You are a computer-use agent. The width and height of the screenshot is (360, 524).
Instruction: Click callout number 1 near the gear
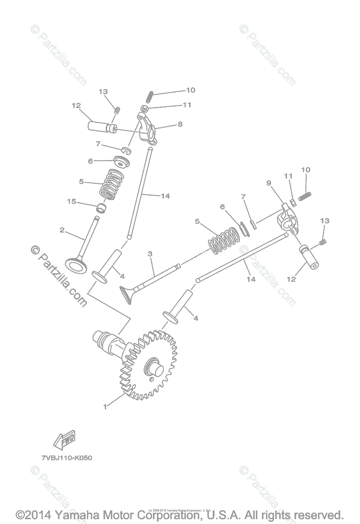coord(105,407)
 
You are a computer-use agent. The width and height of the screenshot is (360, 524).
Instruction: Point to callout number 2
coord(62,230)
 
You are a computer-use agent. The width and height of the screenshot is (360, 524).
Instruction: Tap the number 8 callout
coord(180,124)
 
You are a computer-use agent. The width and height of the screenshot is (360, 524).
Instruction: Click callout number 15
coord(72,201)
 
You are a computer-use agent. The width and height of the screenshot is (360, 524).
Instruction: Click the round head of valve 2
coord(78,264)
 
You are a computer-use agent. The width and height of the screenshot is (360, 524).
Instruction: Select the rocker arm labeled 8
coord(147,129)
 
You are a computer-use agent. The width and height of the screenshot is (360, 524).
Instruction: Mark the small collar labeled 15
coord(102,208)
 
